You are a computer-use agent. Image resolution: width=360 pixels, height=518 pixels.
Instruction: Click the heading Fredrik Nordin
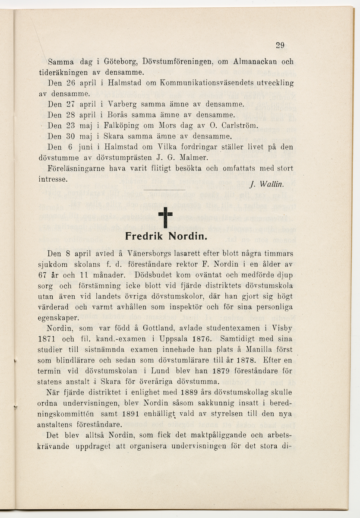(161, 237)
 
